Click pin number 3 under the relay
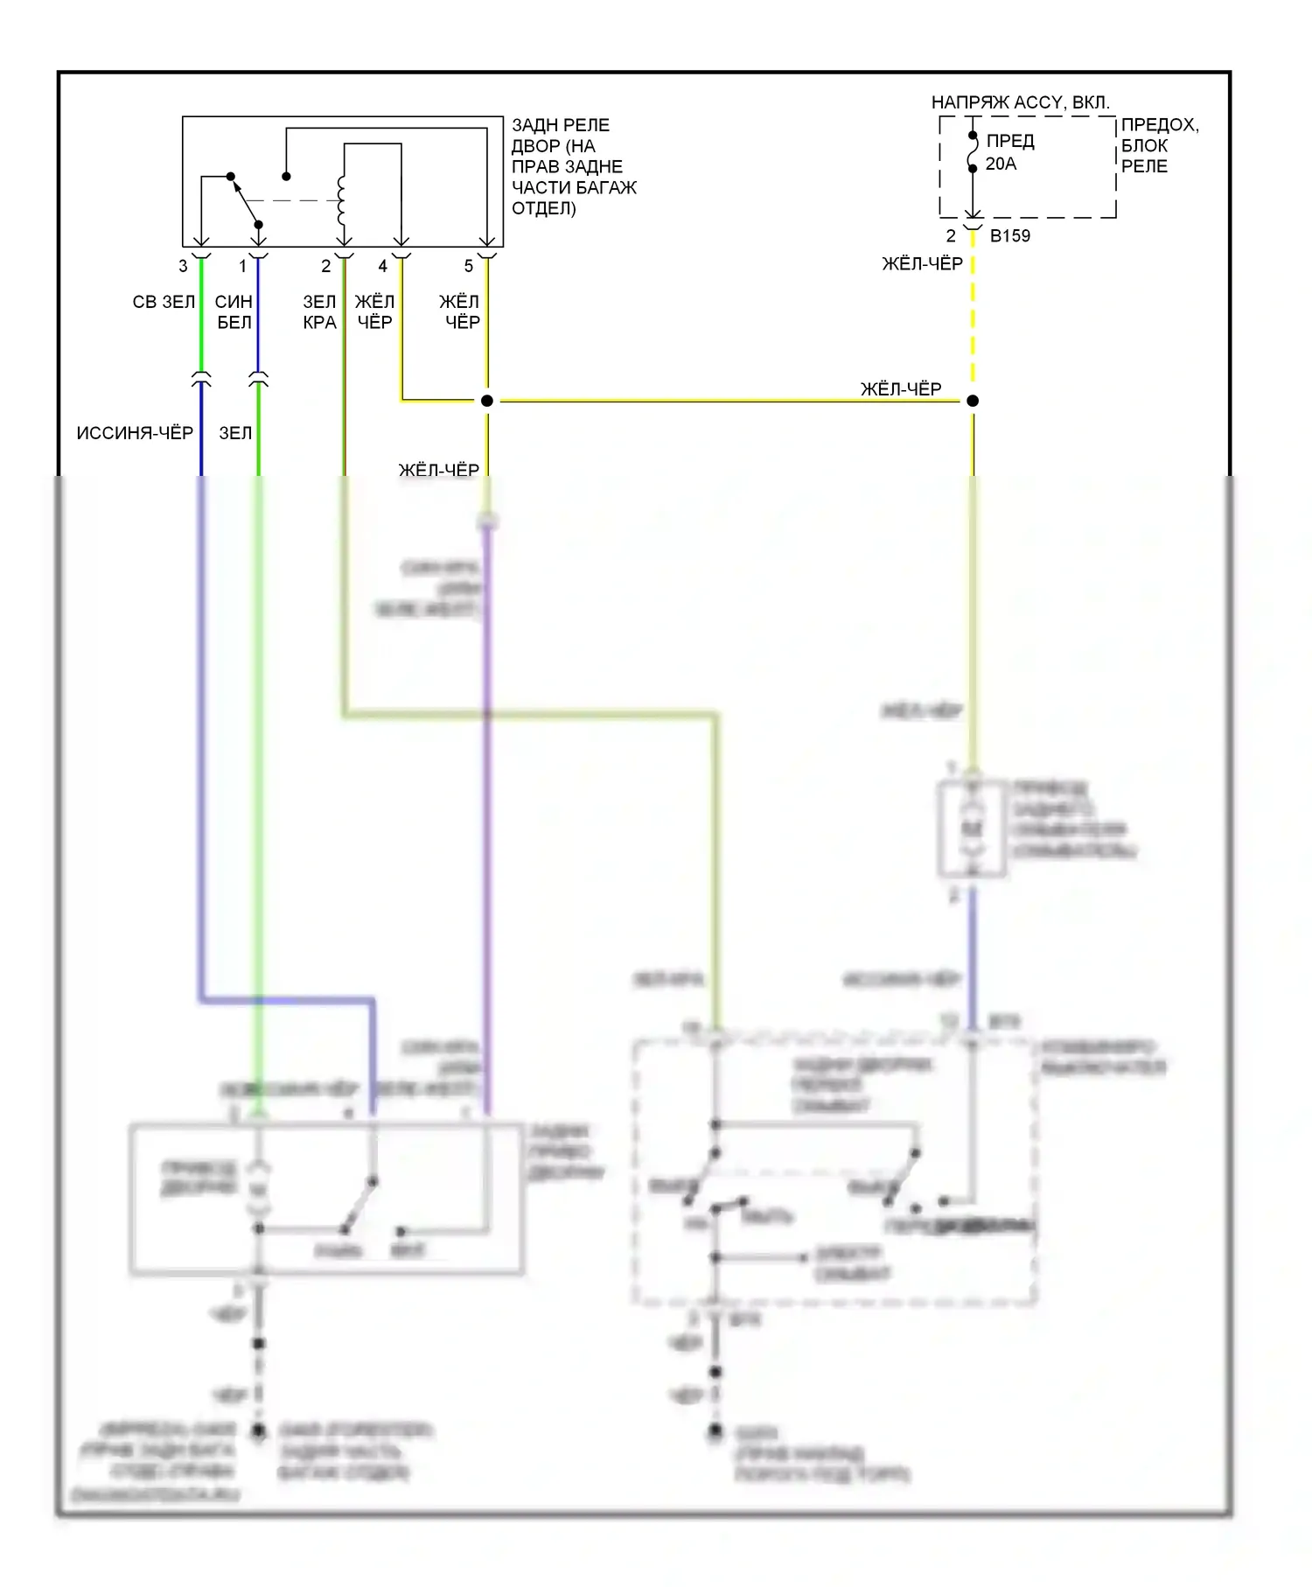pos(183,266)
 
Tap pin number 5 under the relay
pos(469,266)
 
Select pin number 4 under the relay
pos(382,266)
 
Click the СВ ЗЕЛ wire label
pos(164,302)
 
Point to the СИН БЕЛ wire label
pos(234,312)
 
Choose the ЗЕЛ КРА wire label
pos(319,312)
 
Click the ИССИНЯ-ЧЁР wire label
pos(135,433)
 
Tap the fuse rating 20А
pos(1001,164)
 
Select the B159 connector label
pos(1010,236)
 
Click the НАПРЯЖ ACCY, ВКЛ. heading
pos(1020,103)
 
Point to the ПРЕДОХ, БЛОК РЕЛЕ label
pos(1159,145)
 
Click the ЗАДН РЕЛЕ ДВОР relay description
pos(574,166)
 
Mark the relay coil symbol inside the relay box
pos(342,200)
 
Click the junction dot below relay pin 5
pos(487,401)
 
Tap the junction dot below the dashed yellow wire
pos(973,401)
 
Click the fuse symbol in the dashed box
pos(973,152)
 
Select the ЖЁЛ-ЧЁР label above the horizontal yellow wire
pos(901,389)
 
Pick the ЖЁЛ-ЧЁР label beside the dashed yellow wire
pos(922,264)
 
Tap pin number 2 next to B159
pos(951,236)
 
